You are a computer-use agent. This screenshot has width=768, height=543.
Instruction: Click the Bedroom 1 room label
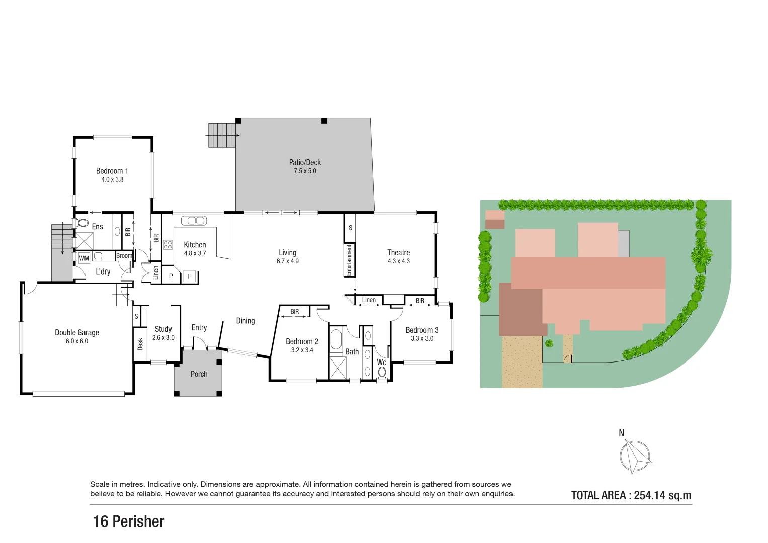(112, 171)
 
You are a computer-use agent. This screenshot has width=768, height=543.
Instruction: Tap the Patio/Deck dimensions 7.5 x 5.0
(305, 171)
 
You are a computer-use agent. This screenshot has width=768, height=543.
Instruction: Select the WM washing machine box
(84, 258)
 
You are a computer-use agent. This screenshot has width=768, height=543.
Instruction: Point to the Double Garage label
(77, 332)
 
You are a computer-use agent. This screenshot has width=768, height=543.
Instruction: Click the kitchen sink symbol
(194, 221)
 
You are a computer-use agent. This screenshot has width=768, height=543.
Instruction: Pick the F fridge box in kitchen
(189, 276)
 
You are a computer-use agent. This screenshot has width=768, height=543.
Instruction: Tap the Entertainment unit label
(349, 260)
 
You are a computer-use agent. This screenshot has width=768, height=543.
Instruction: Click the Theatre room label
(398, 252)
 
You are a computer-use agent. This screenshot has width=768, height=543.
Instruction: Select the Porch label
(199, 374)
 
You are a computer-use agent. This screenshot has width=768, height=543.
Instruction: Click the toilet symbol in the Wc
(382, 373)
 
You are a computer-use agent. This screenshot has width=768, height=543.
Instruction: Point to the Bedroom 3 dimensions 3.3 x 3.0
(421, 338)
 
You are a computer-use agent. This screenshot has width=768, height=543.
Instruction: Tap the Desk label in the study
(140, 344)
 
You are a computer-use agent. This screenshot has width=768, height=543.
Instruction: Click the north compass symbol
(635, 456)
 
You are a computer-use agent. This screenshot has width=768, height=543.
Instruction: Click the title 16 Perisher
(129, 522)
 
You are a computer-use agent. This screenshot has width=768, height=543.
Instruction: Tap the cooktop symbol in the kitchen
(168, 245)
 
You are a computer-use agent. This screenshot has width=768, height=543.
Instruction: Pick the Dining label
(245, 321)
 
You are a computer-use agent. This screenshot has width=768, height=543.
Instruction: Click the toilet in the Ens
(82, 223)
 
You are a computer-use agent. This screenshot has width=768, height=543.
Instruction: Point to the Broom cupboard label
(124, 256)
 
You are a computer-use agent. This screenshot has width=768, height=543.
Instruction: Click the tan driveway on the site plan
(522, 361)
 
